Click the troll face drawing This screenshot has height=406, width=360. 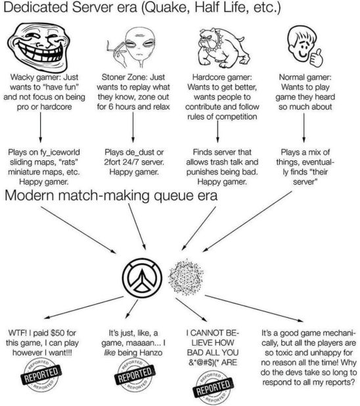coord(39,47)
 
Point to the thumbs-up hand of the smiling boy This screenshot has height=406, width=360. coord(316,57)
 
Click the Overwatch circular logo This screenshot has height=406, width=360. coord(142,278)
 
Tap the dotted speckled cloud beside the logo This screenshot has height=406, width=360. coord(185,277)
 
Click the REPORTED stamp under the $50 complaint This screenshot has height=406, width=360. coord(41,374)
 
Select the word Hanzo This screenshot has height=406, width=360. coord(150,353)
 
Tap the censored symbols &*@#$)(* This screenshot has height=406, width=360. coord(203,363)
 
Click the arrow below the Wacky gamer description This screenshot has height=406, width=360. coord(41,127)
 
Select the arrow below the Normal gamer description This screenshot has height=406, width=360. coord(304,127)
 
